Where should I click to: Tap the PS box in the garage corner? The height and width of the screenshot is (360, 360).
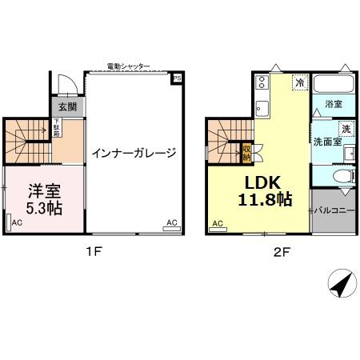(x=177, y=78)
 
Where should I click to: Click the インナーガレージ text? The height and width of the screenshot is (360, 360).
(x=133, y=153)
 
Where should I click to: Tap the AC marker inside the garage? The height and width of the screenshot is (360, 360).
(x=171, y=222)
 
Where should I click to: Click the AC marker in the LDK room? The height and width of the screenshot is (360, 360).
(x=217, y=225)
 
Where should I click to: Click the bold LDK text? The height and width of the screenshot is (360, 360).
(x=261, y=181)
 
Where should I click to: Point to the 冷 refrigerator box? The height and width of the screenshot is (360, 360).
(x=299, y=82)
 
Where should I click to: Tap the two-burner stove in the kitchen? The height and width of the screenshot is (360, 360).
(x=262, y=82)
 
